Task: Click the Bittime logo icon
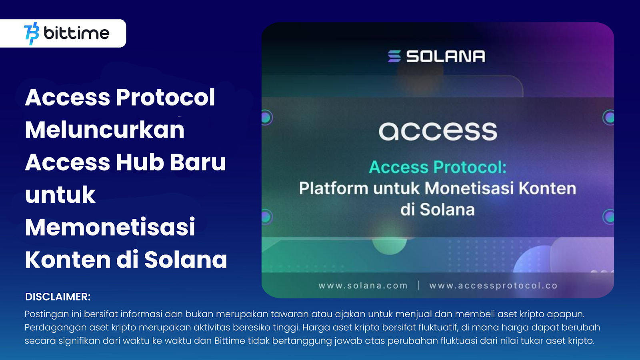point(32,33)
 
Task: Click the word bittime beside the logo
point(76,33)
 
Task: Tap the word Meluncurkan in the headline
point(105,130)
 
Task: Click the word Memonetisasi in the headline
point(110,227)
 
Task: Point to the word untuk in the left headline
point(60,195)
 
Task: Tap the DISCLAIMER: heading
point(58,297)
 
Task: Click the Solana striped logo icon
point(394,56)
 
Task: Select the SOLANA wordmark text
point(446,56)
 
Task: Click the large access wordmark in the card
point(438,131)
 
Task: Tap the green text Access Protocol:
point(438,167)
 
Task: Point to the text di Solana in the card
point(438,210)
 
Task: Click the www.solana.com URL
point(363,286)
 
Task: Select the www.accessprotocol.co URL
point(493,286)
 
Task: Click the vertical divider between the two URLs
point(418,285)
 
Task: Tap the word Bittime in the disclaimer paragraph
point(230,341)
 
